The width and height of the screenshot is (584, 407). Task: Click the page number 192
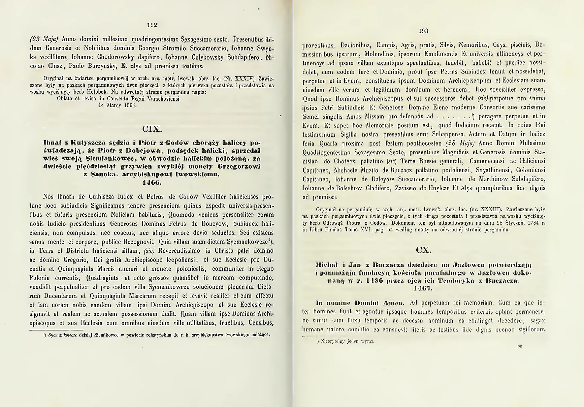(x=152, y=25)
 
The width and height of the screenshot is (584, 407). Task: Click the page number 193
(x=423, y=31)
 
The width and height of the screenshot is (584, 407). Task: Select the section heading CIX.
(x=152, y=129)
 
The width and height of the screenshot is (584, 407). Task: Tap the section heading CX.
(x=423, y=250)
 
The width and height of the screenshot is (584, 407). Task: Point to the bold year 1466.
(x=152, y=183)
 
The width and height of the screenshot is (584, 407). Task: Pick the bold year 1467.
(x=423, y=288)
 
